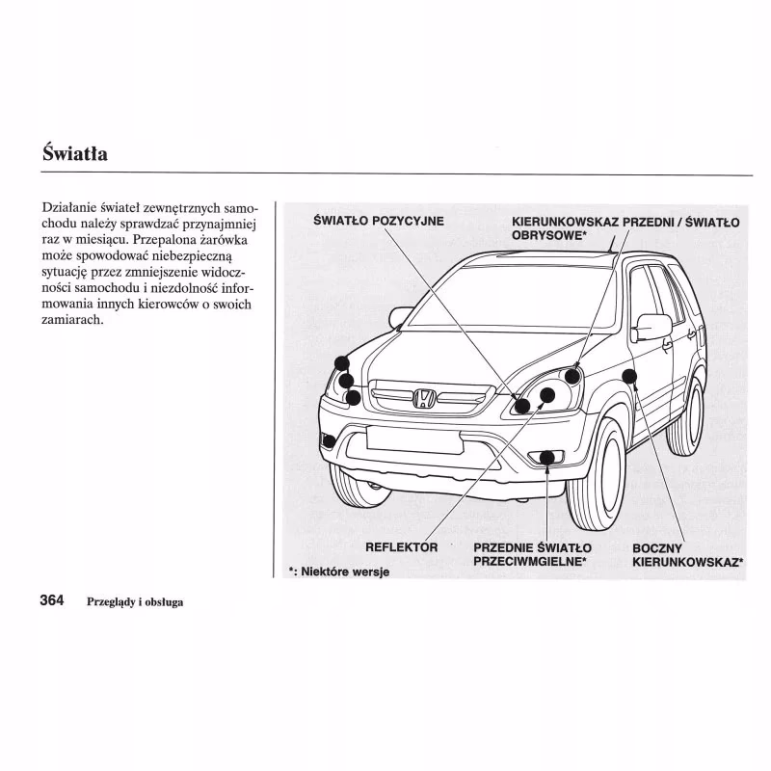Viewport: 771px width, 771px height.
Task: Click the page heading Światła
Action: click(75, 153)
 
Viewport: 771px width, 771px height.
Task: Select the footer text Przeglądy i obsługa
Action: click(135, 602)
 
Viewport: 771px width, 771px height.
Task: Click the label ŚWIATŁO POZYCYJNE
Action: click(379, 221)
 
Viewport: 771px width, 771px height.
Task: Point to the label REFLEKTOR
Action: click(402, 547)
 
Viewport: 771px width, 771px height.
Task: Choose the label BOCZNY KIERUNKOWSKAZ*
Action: click(687, 554)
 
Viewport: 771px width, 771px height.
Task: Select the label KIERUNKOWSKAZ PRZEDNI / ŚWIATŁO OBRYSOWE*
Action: click(625, 227)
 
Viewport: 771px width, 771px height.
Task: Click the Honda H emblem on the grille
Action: click(424, 398)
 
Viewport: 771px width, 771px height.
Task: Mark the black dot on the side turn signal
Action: click(629, 375)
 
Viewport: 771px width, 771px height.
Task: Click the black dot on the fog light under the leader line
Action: click(547, 457)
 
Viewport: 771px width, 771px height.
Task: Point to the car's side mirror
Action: click(652, 327)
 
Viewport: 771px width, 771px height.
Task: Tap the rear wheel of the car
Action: click(686, 416)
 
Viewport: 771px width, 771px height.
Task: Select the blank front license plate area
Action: click(413, 439)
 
